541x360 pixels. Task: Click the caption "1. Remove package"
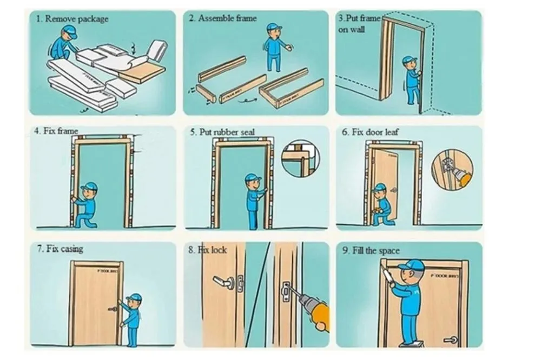(72, 19)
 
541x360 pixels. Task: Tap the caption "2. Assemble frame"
(223, 18)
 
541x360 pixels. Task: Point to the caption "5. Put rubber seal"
(222, 132)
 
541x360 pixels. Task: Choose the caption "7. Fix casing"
(60, 250)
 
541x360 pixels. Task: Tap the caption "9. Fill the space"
(371, 251)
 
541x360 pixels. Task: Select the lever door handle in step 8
(222, 282)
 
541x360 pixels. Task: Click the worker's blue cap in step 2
(274, 26)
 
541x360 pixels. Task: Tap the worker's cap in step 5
(252, 177)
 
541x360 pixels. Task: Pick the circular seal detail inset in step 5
(300, 158)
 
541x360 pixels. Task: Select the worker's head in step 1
(69, 34)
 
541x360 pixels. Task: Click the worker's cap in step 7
(134, 297)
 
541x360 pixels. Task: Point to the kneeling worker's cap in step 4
(89, 186)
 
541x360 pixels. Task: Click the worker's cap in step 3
(410, 60)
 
